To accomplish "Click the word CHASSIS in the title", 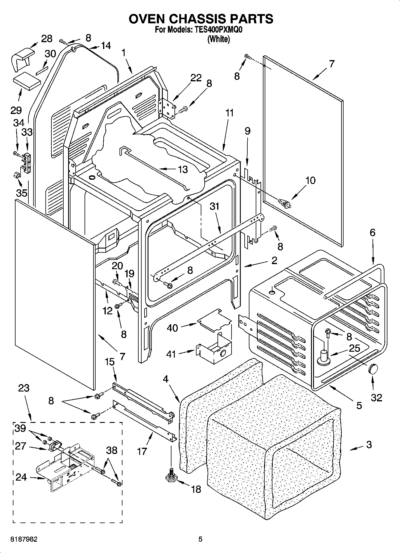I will click(x=200, y=19).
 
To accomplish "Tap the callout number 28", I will click(x=47, y=39).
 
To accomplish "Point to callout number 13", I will click(x=183, y=170).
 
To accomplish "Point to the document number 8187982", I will click(x=24, y=539).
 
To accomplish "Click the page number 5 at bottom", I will click(x=200, y=539).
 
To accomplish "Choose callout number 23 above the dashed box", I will click(x=24, y=388).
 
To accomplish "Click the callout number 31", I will click(x=214, y=206).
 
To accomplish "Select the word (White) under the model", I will click(x=219, y=39).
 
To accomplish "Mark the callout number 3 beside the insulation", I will click(x=369, y=444).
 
